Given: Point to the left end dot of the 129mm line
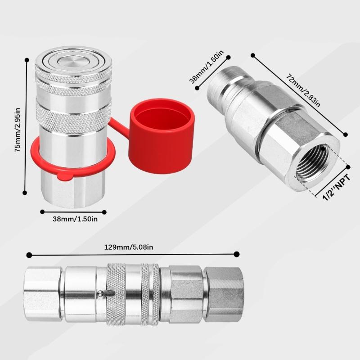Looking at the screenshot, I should coord(29,255).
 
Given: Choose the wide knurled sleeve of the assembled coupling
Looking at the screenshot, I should coord(116,293).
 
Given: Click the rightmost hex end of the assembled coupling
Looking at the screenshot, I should coord(224,294).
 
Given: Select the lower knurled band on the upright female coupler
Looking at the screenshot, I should coord(73,117).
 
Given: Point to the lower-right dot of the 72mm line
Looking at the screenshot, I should coord(346,134).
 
